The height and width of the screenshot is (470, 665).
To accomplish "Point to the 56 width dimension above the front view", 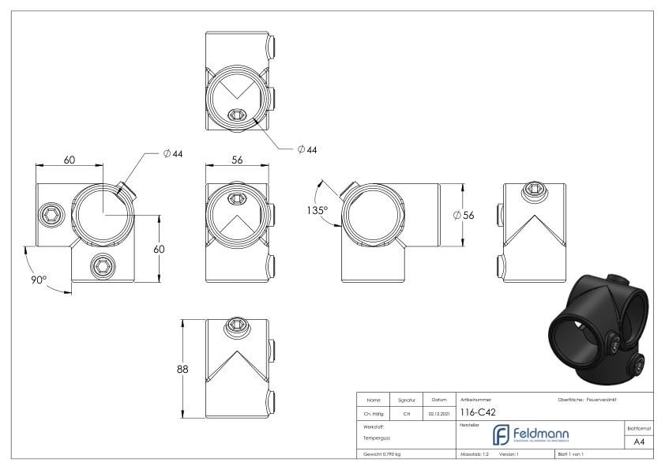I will coord(236,159).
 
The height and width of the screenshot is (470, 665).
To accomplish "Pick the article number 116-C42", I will coord(478,412).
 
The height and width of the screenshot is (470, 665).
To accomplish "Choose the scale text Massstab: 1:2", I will coord(475,455).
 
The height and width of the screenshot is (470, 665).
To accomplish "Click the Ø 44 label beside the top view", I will coord(308,149).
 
